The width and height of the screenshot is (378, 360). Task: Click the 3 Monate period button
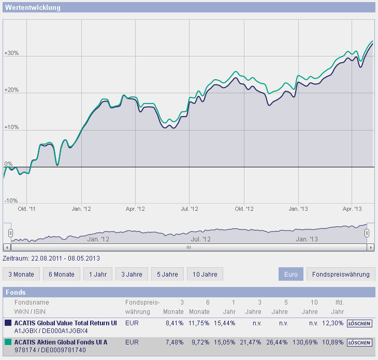(x=21, y=274)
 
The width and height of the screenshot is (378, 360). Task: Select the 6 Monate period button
(x=61, y=274)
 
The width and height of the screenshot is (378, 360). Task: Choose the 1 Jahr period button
(x=98, y=274)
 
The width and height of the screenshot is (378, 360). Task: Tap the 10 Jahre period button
(x=205, y=274)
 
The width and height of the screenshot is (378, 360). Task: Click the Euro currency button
(x=291, y=274)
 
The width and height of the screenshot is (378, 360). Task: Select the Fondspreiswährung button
(x=340, y=274)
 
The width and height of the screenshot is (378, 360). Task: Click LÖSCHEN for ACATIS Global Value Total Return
(x=359, y=323)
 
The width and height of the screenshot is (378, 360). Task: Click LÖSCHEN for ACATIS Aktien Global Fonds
(x=359, y=342)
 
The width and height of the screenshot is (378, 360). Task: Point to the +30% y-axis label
(x=11, y=53)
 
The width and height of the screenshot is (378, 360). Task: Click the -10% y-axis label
(x=11, y=200)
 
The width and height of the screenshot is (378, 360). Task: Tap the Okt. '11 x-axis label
(x=27, y=209)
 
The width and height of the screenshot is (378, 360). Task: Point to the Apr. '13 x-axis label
(x=351, y=209)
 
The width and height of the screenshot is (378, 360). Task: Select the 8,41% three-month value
(x=175, y=323)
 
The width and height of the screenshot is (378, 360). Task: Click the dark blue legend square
(x=8, y=323)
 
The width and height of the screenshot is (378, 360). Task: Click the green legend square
(x=8, y=342)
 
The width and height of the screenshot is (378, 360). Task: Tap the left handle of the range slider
(x=10, y=233)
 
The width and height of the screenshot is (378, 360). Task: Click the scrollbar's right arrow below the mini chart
(x=370, y=248)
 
